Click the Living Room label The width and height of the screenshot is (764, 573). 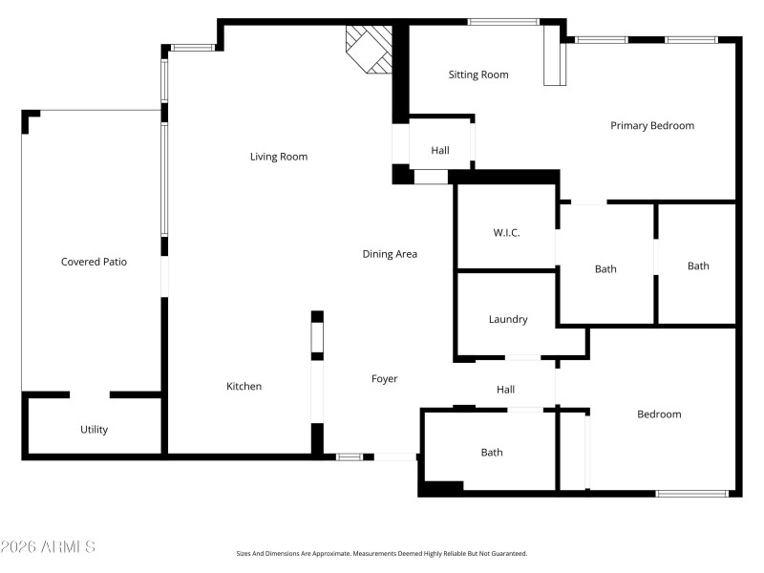tap(279, 157)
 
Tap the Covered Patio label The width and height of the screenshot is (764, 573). tap(94, 262)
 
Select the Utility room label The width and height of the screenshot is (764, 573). tap(94, 430)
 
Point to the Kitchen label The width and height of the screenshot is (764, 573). tap(244, 387)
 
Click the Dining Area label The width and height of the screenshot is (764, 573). tap(390, 254)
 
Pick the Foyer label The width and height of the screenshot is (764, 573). tap(384, 379)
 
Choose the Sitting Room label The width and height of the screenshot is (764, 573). tap(478, 74)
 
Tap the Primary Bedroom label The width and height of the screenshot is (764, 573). tap(652, 126)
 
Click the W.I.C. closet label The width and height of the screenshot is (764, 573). tap(506, 233)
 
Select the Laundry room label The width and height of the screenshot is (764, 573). tap(508, 320)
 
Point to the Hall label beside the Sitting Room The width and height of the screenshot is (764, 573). tap(440, 151)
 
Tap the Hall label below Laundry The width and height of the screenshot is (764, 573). tap(506, 390)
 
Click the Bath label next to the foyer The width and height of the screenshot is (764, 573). tap(492, 453)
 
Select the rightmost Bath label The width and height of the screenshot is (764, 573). tap(698, 266)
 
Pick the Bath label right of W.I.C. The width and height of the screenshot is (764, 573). tap(605, 269)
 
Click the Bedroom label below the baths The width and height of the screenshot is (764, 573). tap(659, 414)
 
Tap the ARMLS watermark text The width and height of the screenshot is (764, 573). tap(48, 547)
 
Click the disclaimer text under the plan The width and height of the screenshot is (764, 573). tap(382, 553)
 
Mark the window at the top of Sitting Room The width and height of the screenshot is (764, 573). tap(502, 22)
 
